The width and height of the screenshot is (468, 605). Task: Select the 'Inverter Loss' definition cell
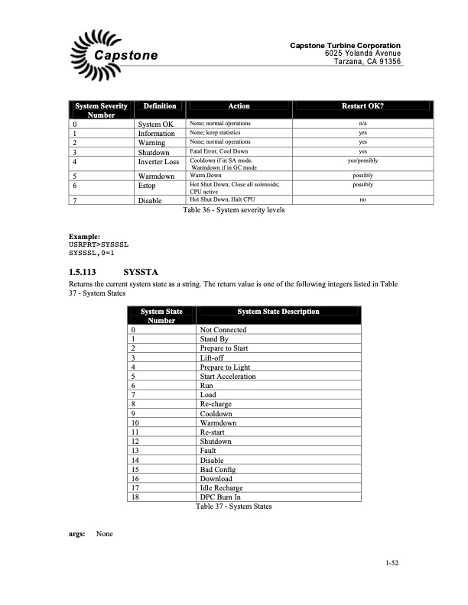coord(158,162)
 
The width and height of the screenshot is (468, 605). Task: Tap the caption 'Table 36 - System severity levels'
coord(233,210)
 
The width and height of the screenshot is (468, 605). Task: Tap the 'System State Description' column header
coord(278,312)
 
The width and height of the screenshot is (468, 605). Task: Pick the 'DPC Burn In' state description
coord(219,497)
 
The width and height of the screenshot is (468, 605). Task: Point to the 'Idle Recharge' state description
coord(221,488)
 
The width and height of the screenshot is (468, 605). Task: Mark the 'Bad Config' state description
coord(218,469)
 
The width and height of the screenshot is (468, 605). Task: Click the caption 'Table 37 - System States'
coord(233,506)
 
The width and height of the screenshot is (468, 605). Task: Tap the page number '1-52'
coord(393,565)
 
